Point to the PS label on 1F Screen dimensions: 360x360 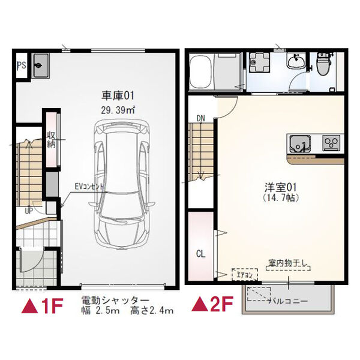pyautogui.click(x=21, y=68)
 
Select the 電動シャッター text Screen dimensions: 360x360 pyautogui.click(x=115, y=299)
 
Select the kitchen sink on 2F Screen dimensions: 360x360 pyautogui.click(x=299, y=142)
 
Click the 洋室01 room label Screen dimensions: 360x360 pyautogui.click(x=261, y=187)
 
